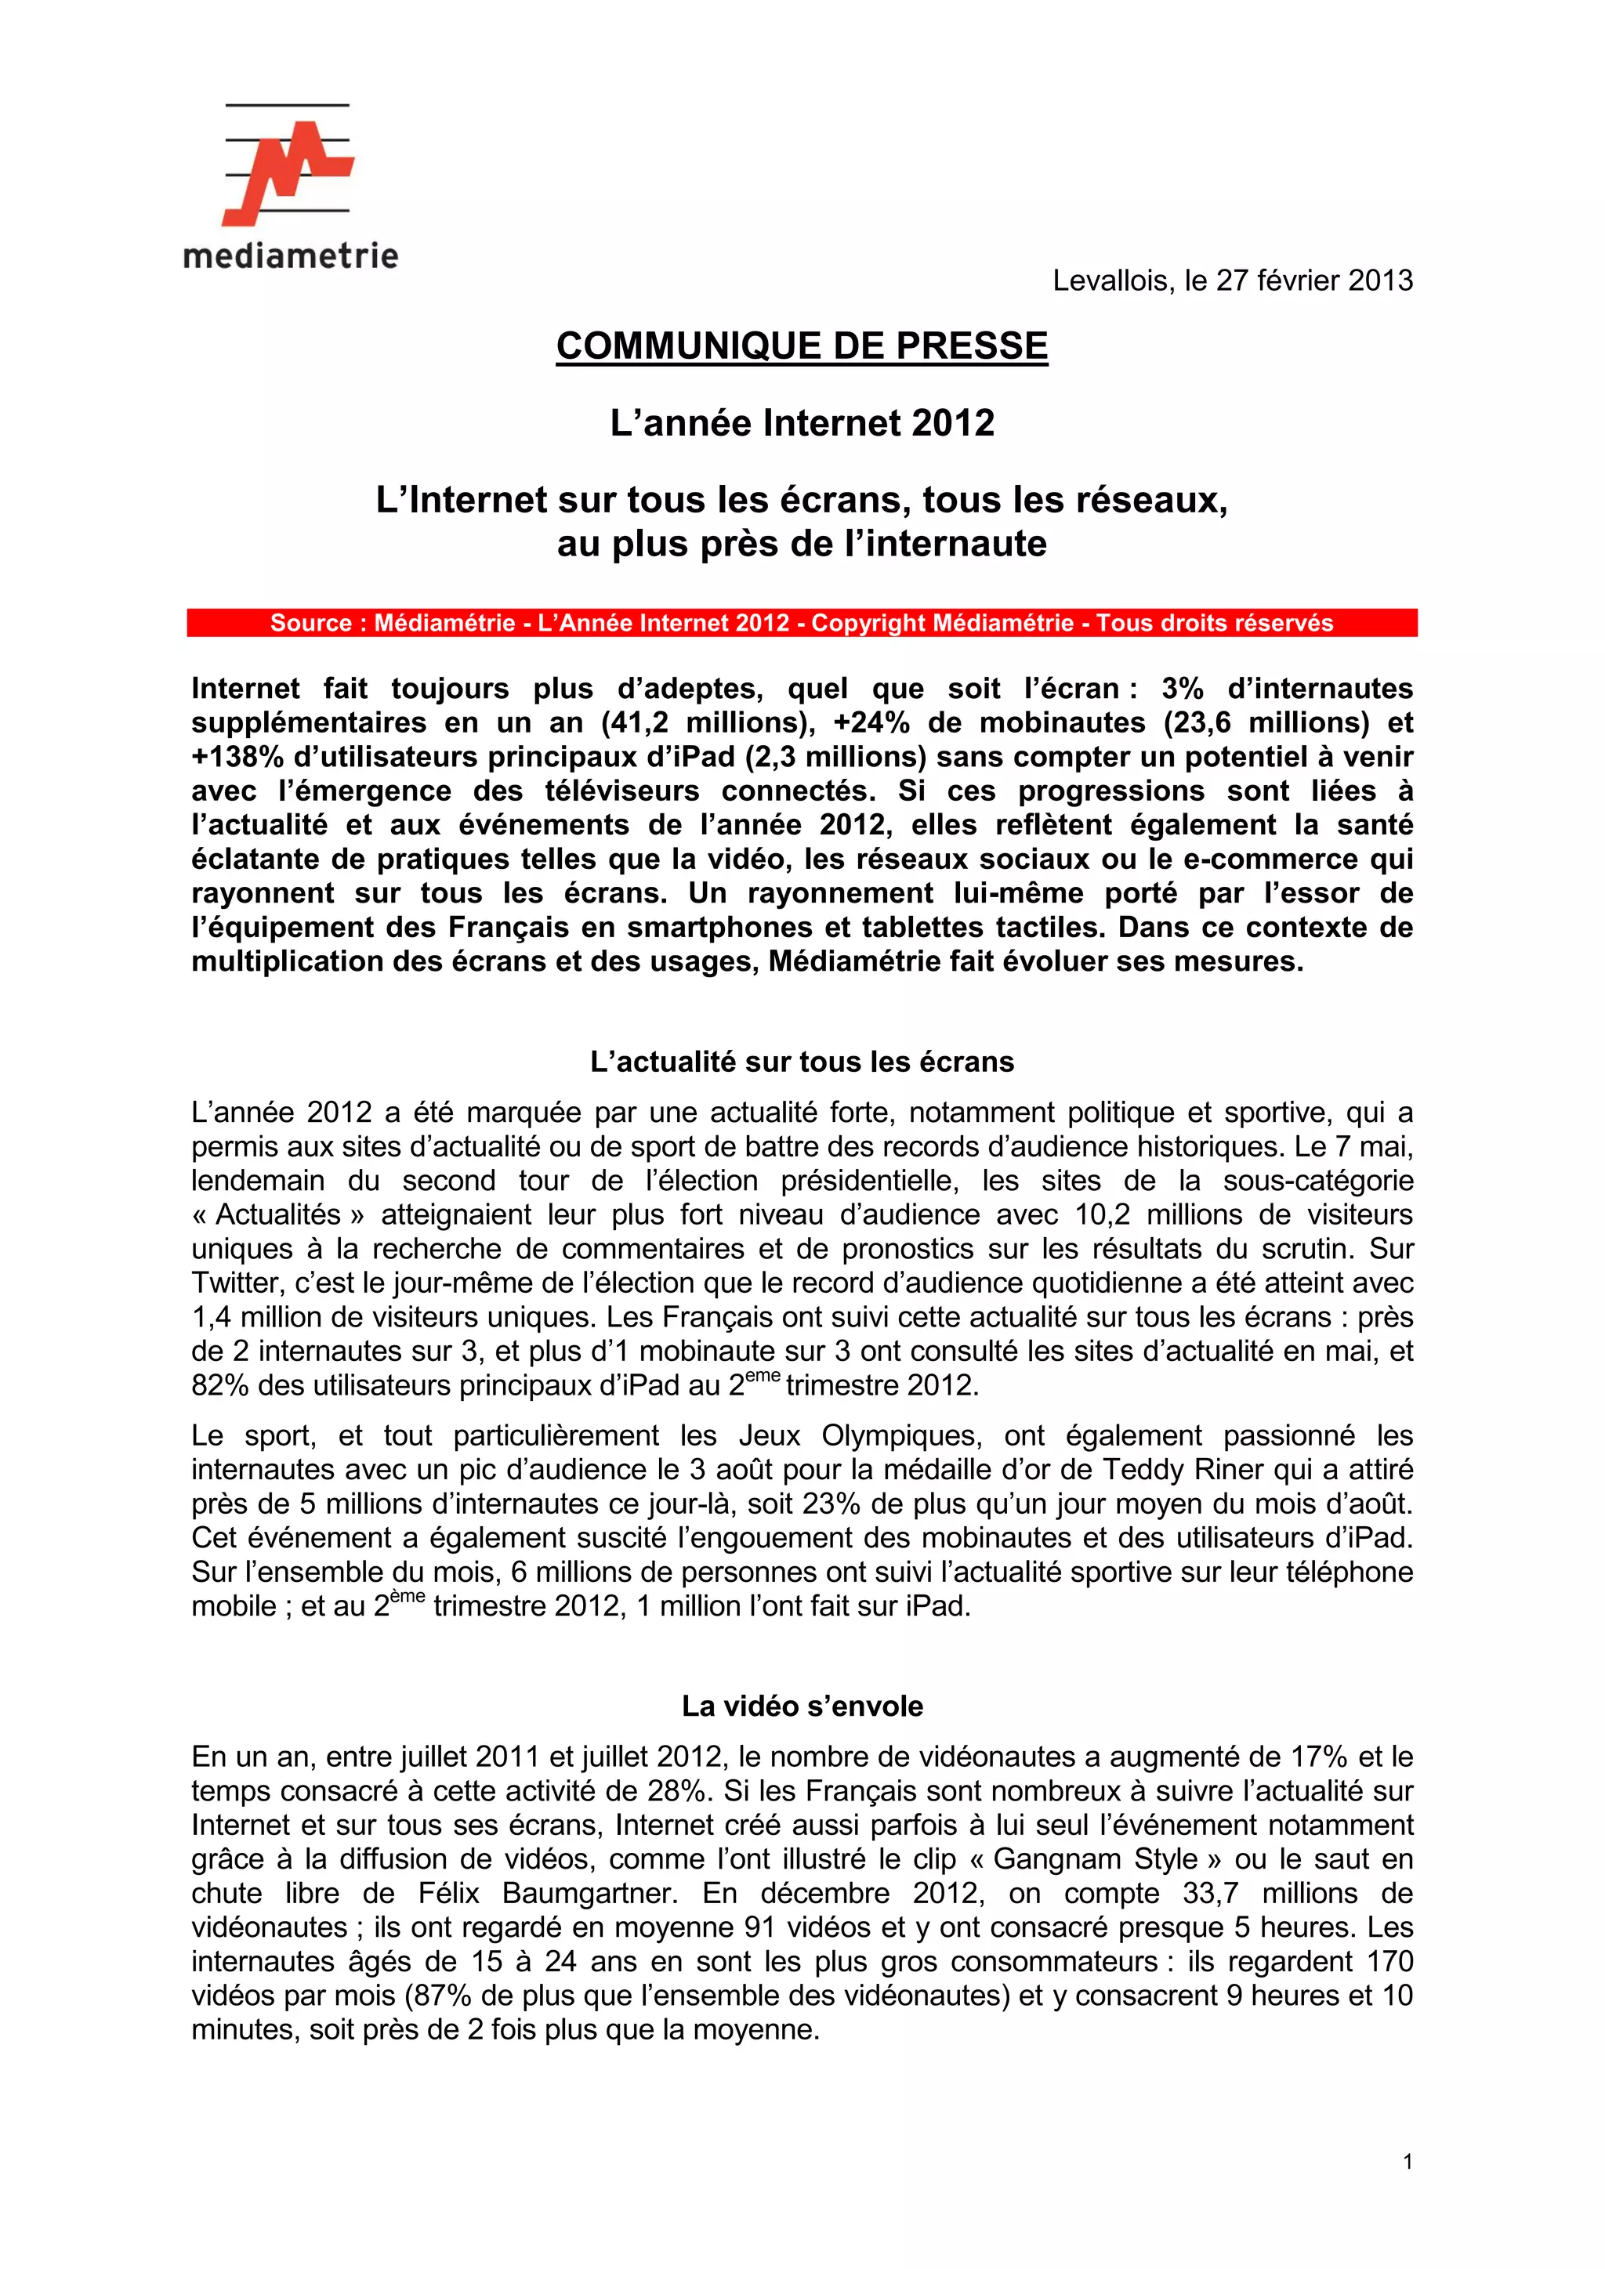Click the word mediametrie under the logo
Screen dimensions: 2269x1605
[x=291, y=256]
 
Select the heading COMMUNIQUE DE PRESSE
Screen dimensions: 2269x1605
[x=802, y=346]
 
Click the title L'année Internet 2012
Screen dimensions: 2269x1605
[x=802, y=423]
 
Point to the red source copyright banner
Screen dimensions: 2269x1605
[x=802, y=623]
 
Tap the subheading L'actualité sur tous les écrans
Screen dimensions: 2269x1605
[x=802, y=1062]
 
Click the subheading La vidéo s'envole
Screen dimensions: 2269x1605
[x=802, y=1706]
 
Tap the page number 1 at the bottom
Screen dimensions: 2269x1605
[x=1408, y=2162]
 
